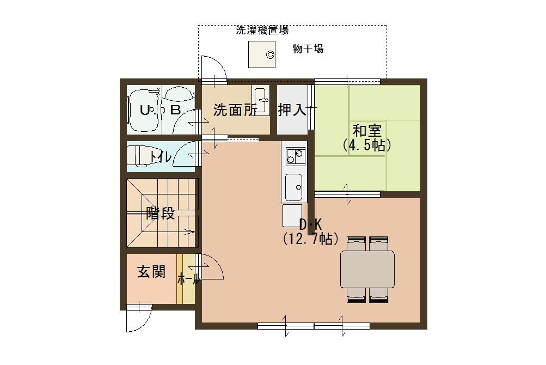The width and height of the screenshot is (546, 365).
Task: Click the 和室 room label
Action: (367, 131)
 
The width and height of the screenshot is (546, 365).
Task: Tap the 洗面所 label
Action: (234, 110)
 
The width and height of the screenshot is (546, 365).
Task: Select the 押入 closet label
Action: (292, 110)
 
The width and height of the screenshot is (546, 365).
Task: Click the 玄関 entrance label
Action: (151, 272)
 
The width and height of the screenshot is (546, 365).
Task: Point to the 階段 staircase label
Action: (161, 214)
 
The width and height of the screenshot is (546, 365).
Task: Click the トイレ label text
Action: (161, 157)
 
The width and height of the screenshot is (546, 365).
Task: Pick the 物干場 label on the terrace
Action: (308, 49)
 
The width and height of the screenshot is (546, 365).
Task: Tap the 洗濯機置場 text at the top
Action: (262, 31)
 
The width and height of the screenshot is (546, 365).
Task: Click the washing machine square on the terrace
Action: (261, 54)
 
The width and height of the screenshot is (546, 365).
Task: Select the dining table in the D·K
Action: (367, 269)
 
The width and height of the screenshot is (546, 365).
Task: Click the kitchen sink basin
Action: (294, 186)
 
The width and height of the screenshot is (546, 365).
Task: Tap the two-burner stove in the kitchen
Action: (294, 157)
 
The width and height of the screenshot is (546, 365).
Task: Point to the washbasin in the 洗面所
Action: (262, 100)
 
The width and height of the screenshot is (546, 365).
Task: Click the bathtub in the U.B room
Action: (145, 112)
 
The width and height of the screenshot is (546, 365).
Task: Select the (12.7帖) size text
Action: (310, 239)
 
